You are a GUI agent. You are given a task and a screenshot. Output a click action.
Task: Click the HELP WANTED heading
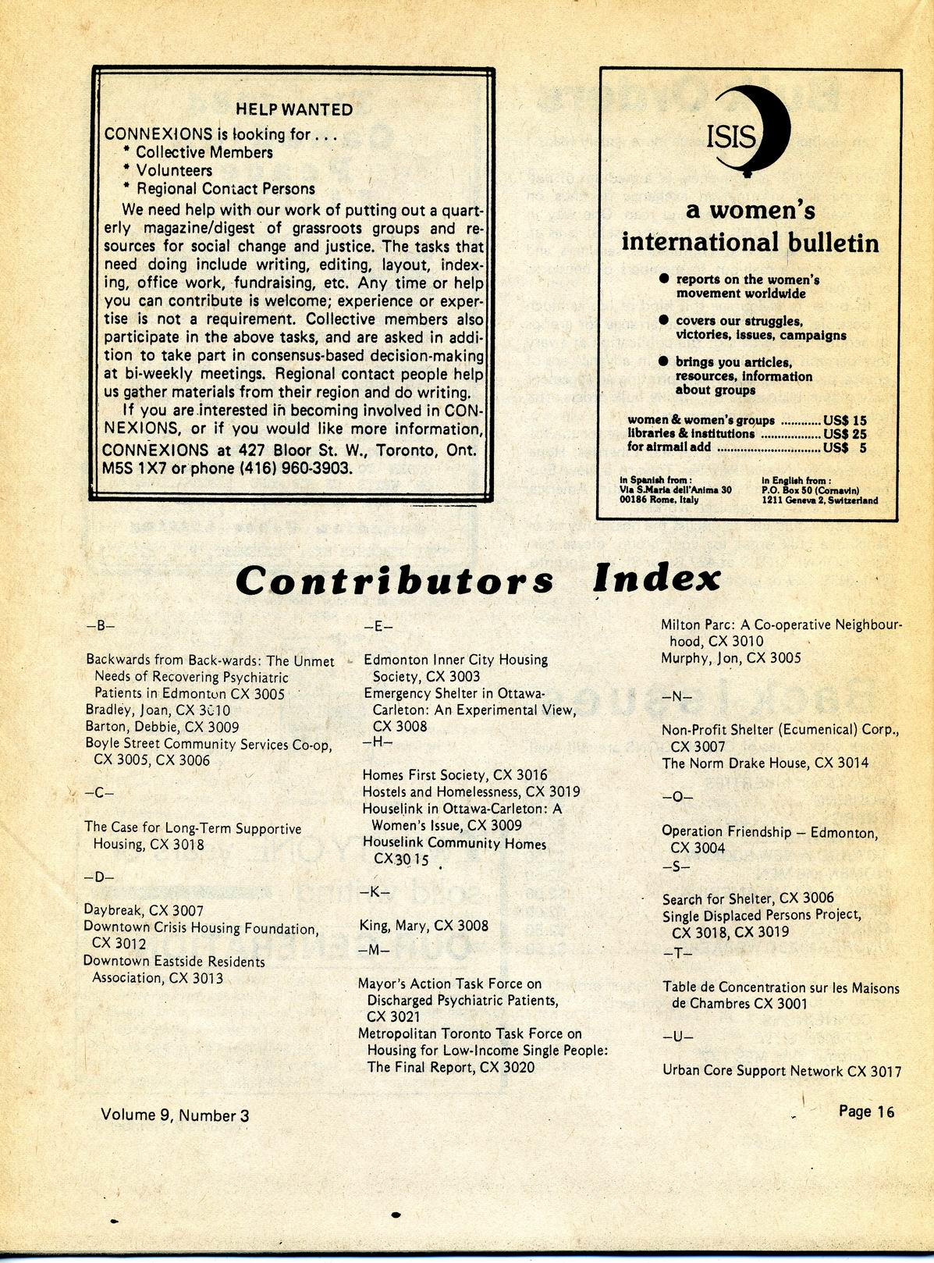pyautogui.click(x=294, y=110)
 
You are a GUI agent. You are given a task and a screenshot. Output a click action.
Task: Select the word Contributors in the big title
pyautogui.click(x=394, y=581)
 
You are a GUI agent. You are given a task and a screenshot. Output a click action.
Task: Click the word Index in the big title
pyautogui.click(x=655, y=579)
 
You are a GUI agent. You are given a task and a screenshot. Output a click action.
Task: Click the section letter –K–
pyautogui.click(x=374, y=891)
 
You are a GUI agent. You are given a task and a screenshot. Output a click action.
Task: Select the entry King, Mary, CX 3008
pyautogui.click(x=424, y=926)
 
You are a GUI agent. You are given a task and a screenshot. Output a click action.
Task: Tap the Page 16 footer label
pyautogui.click(x=866, y=1112)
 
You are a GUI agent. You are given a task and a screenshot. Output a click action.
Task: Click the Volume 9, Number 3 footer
pyautogui.click(x=175, y=1115)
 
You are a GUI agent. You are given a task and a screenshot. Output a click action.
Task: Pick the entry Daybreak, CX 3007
pyautogui.click(x=144, y=910)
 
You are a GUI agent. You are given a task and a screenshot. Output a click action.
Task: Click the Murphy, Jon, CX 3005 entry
pyautogui.click(x=730, y=658)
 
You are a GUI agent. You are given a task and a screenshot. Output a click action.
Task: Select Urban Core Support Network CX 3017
pyautogui.click(x=782, y=1071)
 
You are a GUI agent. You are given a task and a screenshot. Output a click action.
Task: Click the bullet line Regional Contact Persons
pyautogui.click(x=226, y=189)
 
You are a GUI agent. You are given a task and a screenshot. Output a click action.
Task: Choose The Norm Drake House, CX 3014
pyautogui.click(x=765, y=763)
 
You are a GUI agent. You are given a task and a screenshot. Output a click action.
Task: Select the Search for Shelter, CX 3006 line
pyautogui.click(x=748, y=899)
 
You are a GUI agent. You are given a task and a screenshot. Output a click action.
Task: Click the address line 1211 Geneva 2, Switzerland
pyautogui.click(x=819, y=500)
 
